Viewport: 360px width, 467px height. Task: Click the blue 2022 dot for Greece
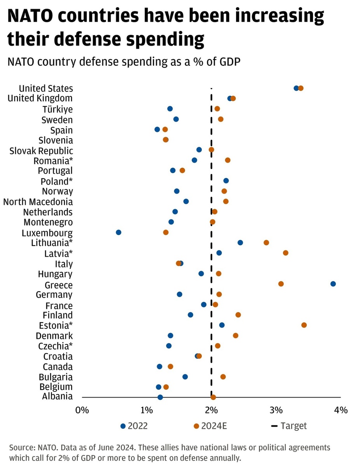click(x=333, y=284)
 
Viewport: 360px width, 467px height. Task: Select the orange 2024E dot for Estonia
click(x=304, y=325)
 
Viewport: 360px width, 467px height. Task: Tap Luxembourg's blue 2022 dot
click(x=119, y=232)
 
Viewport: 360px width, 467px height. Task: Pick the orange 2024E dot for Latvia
click(x=286, y=253)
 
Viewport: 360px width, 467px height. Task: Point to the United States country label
click(x=46, y=88)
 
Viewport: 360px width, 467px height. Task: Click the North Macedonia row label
click(x=38, y=202)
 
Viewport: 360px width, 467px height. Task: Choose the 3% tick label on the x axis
click(x=276, y=410)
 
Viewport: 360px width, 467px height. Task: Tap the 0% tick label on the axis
click(x=82, y=410)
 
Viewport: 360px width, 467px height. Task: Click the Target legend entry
click(x=289, y=426)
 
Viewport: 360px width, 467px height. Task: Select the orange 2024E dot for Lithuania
click(x=266, y=242)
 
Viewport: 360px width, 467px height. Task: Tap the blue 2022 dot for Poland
click(x=226, y=181)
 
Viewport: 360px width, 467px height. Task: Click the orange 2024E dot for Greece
click(x=281, y=284)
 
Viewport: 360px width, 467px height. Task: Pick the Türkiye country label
click(x=58, y=109)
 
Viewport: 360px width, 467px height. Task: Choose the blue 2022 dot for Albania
click(x=160, y=397)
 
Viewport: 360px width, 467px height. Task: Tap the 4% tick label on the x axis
click(x=341, y=410)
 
